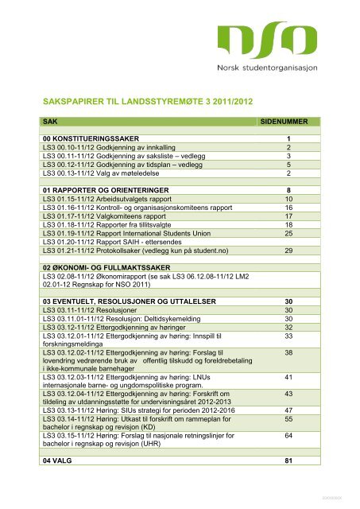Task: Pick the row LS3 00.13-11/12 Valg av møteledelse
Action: pyautogui.click(x=103, y=173)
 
